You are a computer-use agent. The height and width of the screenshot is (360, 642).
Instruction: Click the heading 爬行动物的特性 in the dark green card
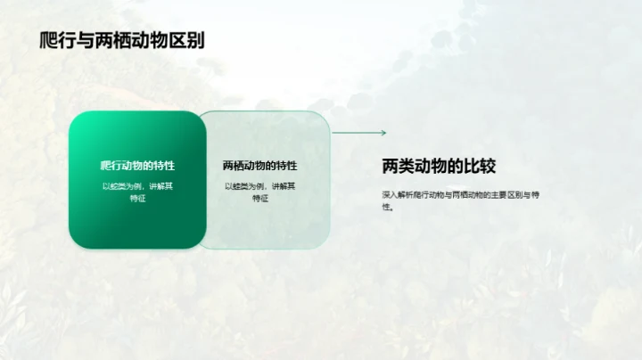pos(137,166)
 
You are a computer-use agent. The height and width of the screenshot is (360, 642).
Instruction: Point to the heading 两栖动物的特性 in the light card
pos(260,166)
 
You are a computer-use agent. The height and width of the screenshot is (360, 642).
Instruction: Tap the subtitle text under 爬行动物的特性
pos(137,192)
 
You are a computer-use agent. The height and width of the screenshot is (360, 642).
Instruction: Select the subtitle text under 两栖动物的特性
pos(260,192)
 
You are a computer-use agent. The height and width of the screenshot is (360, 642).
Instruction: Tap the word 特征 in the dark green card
pos(137,199)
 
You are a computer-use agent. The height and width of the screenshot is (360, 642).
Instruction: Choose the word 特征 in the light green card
pos(260,199)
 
